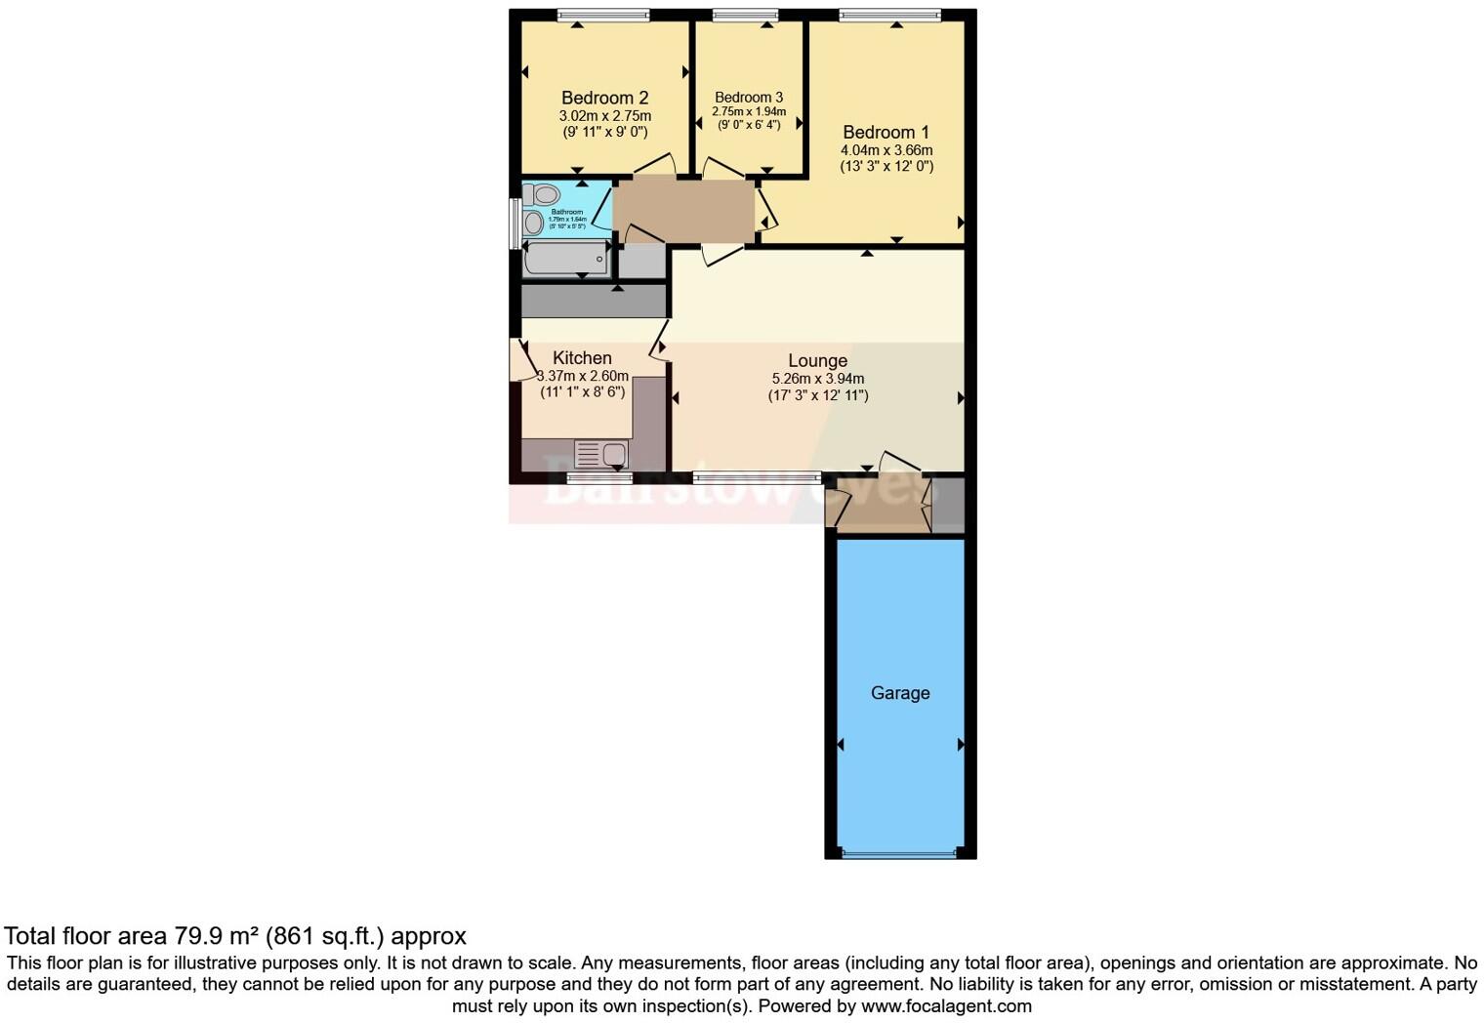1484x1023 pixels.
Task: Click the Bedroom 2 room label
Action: click(604, 98)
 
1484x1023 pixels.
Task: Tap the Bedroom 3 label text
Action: click(749, 97)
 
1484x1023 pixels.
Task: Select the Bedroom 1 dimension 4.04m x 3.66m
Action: click(886, 150)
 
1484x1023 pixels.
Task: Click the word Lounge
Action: click(817, 360)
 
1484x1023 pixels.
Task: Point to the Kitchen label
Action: click(582, 358)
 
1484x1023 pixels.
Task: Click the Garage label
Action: click(899, 693)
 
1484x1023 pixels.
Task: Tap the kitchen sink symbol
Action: click(601, 454)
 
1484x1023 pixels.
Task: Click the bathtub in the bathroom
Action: click(566, 259)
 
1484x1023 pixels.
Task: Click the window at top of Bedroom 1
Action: click(889, 15)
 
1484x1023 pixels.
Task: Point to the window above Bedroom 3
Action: click(745, 15)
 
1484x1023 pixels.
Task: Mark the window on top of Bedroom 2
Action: click(602, 15)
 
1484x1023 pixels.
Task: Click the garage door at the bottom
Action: click(899, 854)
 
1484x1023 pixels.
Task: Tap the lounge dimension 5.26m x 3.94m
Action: click(817, 379)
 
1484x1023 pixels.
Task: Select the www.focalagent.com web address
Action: click(946, 1005)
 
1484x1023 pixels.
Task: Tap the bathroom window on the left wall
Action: click(515, 224)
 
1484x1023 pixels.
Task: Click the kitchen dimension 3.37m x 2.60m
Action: click(584, 376)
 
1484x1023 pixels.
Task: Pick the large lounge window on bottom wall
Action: click(757, 477)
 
